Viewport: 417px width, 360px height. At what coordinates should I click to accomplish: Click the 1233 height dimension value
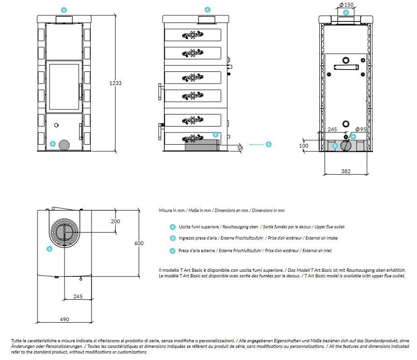click(x=115, y=83)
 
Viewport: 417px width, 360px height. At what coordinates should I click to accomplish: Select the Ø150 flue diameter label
click(x=346, y=5)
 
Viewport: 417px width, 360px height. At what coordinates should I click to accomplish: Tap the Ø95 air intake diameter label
click(x=360, y=129)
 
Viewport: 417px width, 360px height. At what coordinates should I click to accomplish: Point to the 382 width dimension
click(x=346, y=171)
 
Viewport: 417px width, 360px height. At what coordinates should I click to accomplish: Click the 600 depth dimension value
click(x=139, y=243)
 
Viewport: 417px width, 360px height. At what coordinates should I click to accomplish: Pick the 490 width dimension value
click(x=64, y=319)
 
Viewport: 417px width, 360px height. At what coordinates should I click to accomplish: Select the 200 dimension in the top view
click(x=116, y=221)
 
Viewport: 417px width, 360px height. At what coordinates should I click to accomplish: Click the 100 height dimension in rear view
click(x=304, y=146)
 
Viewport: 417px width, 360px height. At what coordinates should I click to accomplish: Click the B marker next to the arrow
click(x=269, y=145)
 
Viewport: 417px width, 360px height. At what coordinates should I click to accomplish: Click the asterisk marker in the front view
click(x=53, y=144)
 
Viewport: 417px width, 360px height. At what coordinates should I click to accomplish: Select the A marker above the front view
click(x=64, y=10)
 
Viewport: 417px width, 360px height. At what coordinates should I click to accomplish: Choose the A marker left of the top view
click(x=50, y=249)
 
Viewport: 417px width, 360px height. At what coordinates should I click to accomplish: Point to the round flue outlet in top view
click(x=64, y=233)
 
